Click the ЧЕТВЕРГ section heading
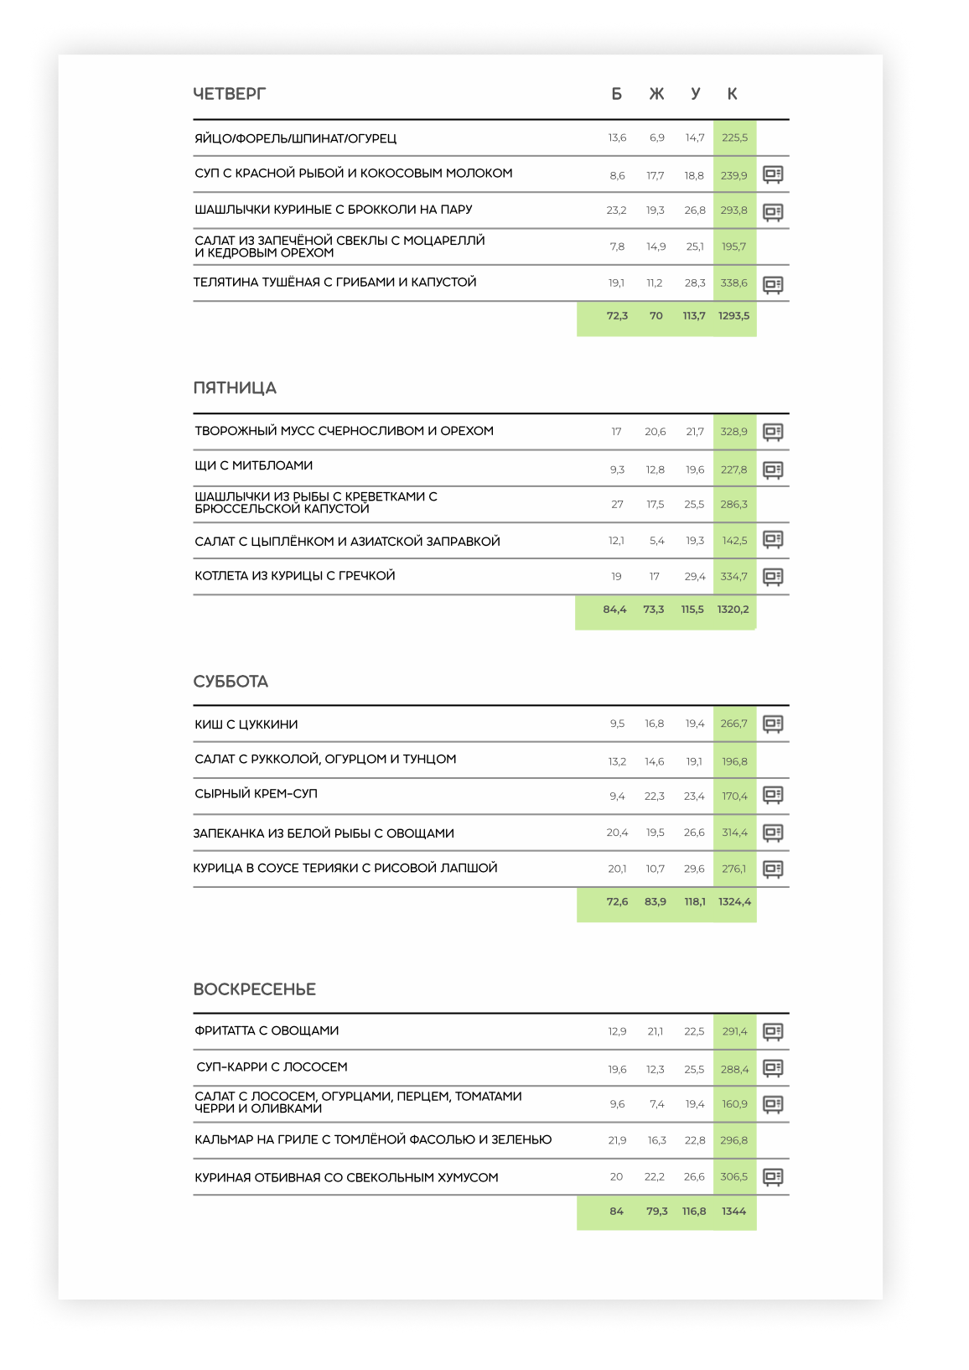click(229, 94)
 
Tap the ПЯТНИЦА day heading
click(235, 388)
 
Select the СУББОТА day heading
click(231, 682)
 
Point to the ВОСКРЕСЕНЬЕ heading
click(254, 989)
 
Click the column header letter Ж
click(656, 94)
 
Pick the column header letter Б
click(617, 94)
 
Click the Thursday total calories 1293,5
click(733, 316)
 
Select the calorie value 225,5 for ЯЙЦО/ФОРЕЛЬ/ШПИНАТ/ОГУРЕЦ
click(734, 138)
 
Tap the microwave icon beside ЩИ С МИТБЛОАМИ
click(773, 470)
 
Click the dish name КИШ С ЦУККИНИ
click(246, 724)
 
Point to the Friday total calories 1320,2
click(733, 610)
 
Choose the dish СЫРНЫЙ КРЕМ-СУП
click(256, 794)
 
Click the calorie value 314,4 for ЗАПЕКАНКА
click(734, 833)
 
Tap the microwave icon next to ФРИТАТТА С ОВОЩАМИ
click(773, 1031)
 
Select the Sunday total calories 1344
click(733, 1212)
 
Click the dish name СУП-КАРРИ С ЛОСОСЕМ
click(272, 1067)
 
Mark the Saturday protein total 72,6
click(617, 902)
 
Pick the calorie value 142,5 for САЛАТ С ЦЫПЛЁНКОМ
click(734, 541)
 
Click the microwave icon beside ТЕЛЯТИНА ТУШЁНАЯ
click(773, 284)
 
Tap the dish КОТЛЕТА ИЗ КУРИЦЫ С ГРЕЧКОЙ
click(295, 576)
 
